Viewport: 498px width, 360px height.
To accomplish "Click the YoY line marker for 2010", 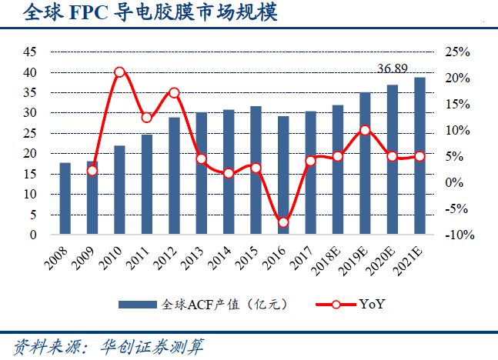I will click(120, 72).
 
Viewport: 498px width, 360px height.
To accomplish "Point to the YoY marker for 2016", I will click(283, 222).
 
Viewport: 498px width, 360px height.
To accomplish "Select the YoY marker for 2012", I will click(174, 92).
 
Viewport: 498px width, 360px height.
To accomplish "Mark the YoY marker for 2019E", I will click(365, 130).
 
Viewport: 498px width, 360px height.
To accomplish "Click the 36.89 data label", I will click(393, 69).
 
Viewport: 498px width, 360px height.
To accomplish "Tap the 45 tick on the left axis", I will click(30, 52).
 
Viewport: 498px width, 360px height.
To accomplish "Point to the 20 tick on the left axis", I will click(30, 154).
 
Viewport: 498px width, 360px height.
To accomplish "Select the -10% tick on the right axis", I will click(456, 235).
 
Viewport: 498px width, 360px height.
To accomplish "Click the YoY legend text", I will click(372, 305).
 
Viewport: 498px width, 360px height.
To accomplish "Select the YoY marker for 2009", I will click(92, 170).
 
